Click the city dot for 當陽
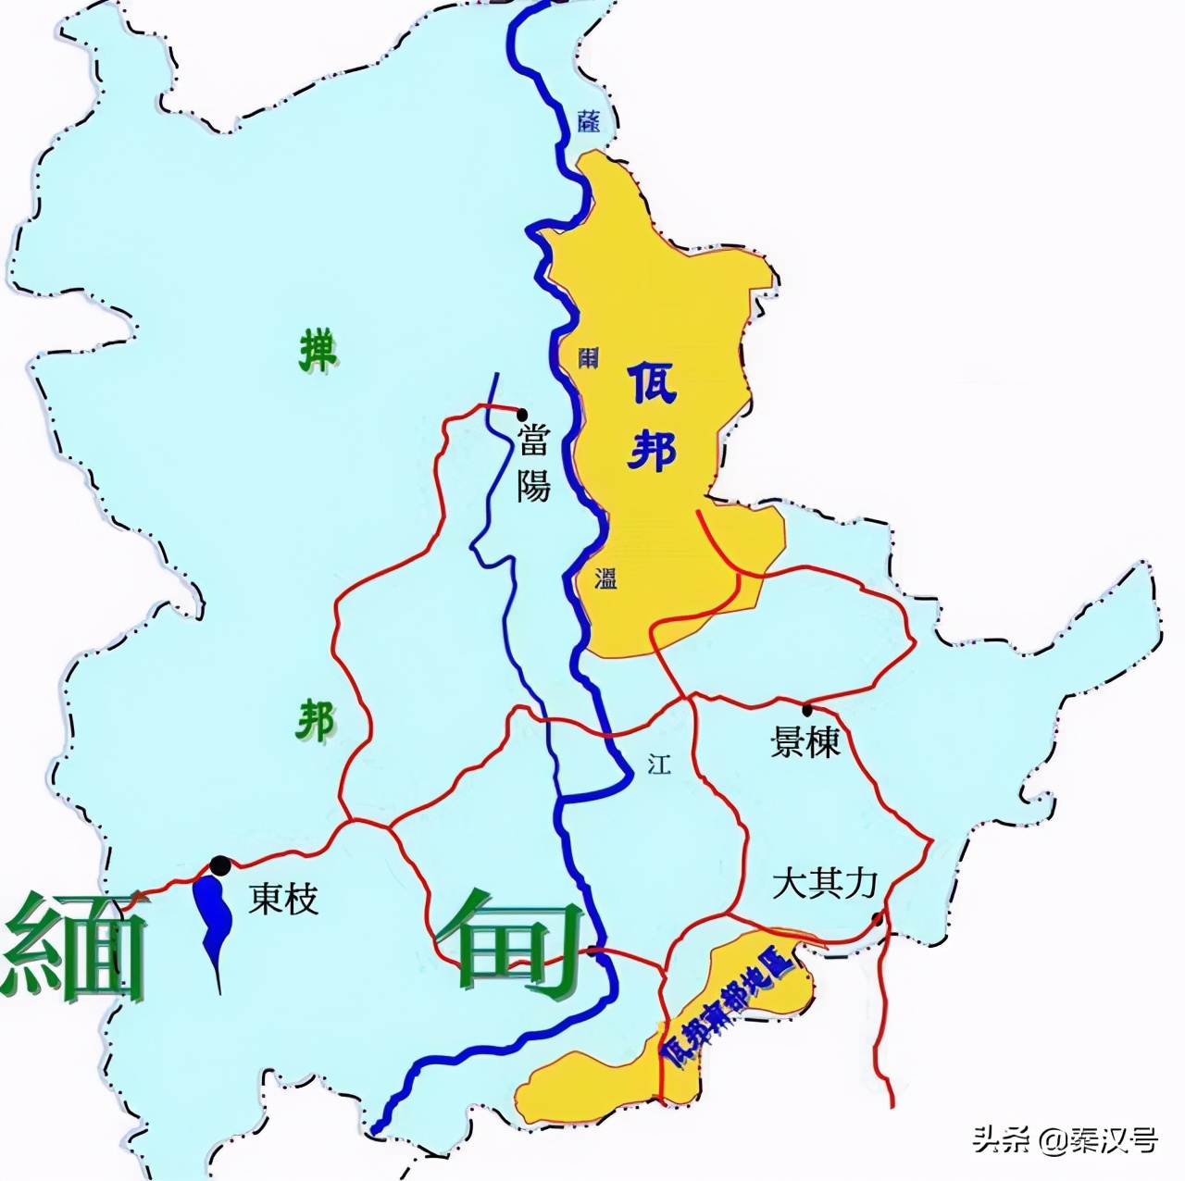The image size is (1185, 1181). click(522, 414)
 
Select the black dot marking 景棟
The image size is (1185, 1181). click(807, 710)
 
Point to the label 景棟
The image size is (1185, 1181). click(805, 741)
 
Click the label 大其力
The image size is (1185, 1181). click(824, 884)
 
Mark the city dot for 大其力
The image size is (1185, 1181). click(877, 918)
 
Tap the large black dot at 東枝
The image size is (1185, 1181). click(220, 864)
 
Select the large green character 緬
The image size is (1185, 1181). click(76, 946)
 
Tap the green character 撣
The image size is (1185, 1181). click(318, 353)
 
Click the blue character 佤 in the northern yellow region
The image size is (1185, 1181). click(652, 383)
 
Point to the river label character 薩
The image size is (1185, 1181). click(587, 120)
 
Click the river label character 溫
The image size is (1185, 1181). click(605, 578)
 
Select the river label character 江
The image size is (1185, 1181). click(658, 765)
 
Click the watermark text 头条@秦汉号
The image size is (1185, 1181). click(1065, 1139)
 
